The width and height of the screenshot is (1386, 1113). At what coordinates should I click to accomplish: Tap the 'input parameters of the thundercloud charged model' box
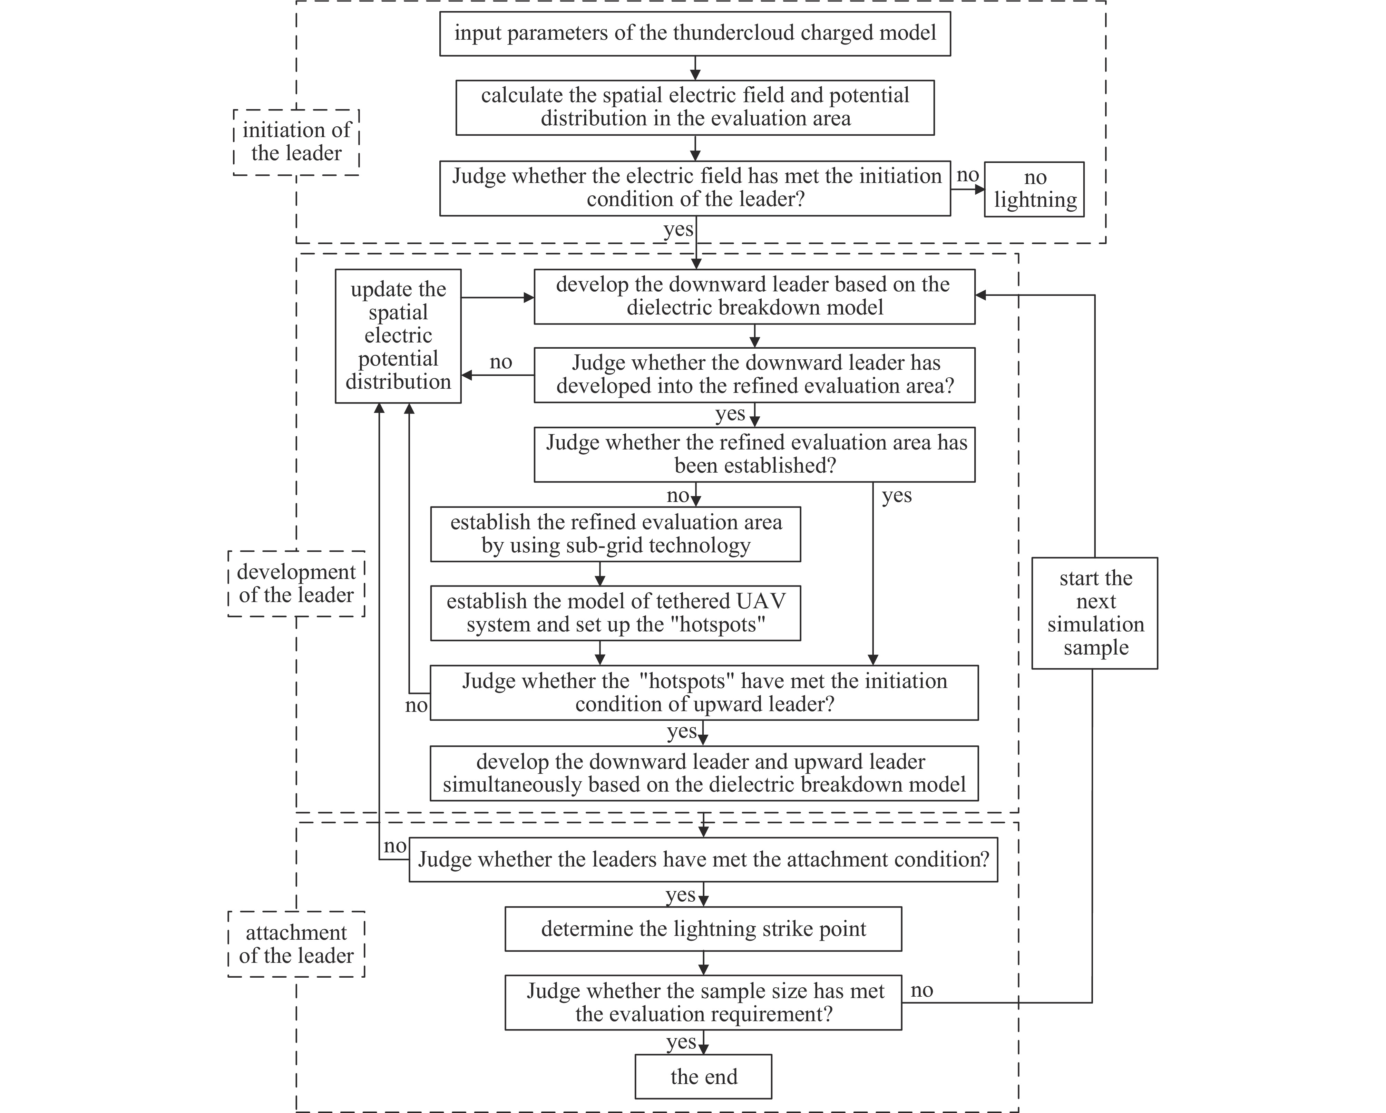point(695,33)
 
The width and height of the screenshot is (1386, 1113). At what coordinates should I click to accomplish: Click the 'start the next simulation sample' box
point(1095,613)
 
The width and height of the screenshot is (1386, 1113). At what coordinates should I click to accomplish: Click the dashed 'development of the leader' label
point(296,583)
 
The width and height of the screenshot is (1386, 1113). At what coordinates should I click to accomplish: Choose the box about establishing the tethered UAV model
point(615,613)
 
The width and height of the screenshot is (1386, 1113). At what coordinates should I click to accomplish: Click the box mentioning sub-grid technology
point(615,534)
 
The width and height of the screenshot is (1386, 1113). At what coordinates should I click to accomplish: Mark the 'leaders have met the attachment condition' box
point(703,860)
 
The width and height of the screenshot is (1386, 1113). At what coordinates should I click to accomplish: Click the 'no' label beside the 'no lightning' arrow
point(967,175)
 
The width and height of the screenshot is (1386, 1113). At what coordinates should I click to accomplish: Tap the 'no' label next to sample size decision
point(922,989)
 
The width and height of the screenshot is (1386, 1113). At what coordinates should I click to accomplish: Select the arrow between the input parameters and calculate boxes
point(695,68)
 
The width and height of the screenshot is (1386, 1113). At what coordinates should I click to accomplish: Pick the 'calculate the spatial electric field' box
point(695,107)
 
